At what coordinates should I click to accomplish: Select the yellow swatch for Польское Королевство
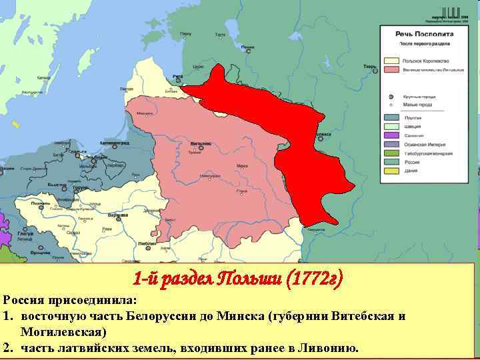click(391, 59)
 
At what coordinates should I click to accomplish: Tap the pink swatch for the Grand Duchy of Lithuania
click(391, 69)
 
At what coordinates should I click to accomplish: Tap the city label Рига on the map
click(177, 77)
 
